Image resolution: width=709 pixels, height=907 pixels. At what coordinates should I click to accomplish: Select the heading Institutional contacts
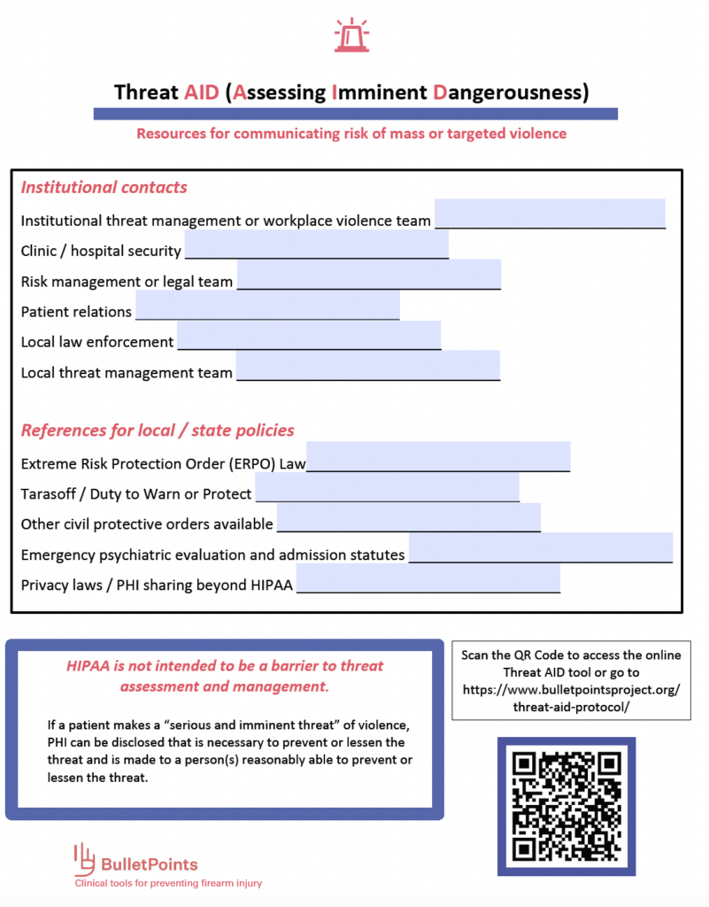104,187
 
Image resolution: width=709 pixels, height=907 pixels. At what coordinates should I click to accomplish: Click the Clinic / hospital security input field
316,244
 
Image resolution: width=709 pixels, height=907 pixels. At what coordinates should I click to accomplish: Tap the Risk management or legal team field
368,275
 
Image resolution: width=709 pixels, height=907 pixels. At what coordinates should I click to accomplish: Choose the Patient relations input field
266,305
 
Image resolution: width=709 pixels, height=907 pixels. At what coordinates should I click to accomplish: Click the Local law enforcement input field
308,336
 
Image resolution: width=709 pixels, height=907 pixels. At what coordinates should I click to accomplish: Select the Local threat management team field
367,366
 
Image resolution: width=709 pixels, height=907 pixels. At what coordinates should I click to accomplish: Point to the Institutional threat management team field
549,213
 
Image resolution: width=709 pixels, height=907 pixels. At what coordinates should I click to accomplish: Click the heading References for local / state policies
158,430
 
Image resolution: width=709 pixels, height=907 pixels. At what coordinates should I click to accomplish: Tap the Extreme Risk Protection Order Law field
437,456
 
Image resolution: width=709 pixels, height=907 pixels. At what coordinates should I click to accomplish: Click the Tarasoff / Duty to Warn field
386,487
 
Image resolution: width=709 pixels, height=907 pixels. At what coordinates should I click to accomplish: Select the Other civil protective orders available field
408,517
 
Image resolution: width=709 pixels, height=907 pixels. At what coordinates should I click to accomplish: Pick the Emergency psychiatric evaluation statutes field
540,547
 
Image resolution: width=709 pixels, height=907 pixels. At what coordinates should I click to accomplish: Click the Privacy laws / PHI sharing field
428,578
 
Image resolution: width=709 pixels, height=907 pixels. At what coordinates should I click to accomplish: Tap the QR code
564,804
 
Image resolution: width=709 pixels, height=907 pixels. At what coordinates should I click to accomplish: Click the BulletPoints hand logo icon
83,857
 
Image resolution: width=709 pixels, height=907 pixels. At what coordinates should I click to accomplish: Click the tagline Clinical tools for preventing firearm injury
167,883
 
